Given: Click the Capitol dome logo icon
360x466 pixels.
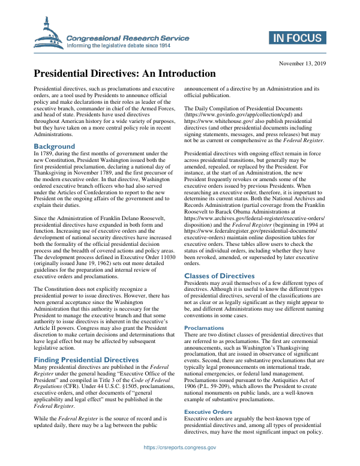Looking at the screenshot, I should point(49,34).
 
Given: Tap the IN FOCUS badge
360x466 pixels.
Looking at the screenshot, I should point(297,38).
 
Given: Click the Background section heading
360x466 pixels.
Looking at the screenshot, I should point(54,146).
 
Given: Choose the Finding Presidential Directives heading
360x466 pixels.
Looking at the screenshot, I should point(90,359).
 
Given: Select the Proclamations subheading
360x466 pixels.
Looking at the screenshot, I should point(204,328).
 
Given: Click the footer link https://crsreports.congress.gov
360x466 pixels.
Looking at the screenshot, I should point(180,447).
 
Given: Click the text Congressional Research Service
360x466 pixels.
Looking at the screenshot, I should point(128,37).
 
